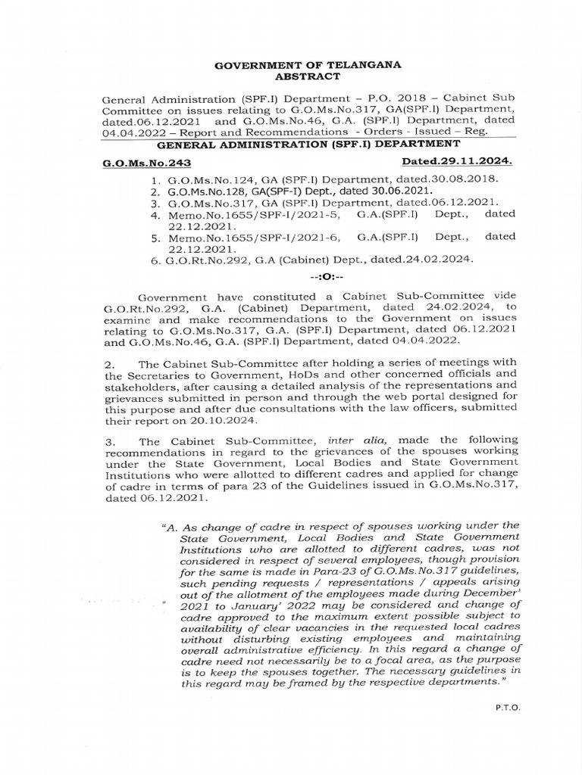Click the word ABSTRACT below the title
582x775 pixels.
(x=309, y=76)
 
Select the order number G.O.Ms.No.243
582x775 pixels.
(x=136, y=163)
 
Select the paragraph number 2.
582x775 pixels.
(x=109, y=366)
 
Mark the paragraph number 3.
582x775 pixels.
(x=109, y=440)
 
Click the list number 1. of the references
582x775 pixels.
(x=155, y=179)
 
